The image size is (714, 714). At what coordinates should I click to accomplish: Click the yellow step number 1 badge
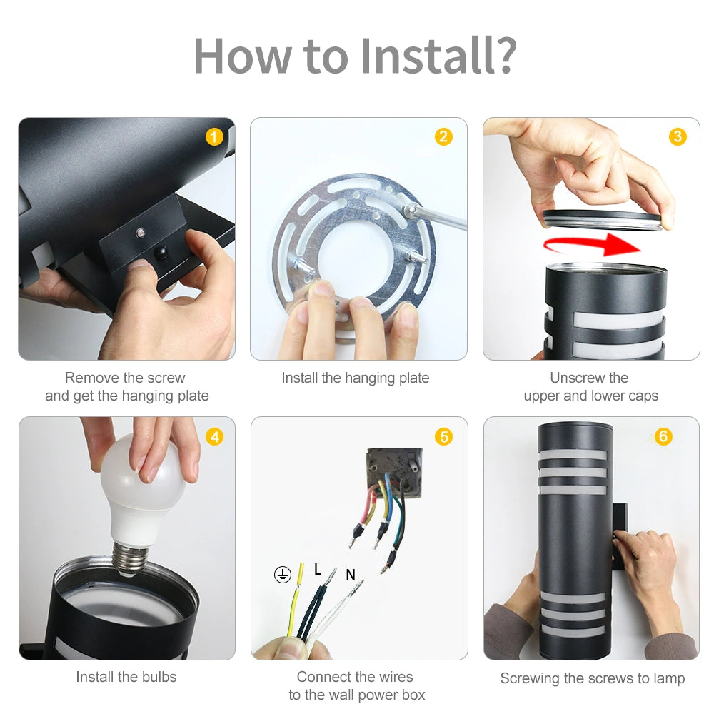point(214,137)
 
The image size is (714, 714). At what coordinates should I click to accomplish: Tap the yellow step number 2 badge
point(443,136)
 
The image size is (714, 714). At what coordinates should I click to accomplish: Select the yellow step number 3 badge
point(678,136)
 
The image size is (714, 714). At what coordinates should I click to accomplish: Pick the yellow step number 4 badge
point(214,437)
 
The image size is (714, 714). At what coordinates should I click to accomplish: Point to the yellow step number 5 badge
point(443,437)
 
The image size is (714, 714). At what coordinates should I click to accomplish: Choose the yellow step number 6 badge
point(663,436)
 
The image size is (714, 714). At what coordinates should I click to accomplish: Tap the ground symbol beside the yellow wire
point(282,575)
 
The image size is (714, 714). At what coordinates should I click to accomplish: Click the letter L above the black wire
point(318,569)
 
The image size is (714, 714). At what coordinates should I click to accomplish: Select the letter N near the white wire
point(350,575)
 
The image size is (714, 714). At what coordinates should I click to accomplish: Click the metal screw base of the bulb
point(130,558)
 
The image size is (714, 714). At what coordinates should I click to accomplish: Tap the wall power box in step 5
point(394,472)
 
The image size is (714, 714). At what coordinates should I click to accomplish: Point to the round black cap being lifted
point(603,220)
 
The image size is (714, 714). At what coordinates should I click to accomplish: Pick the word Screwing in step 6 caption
point(529,678)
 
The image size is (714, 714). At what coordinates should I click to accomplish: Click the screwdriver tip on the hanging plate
point(410,209)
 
